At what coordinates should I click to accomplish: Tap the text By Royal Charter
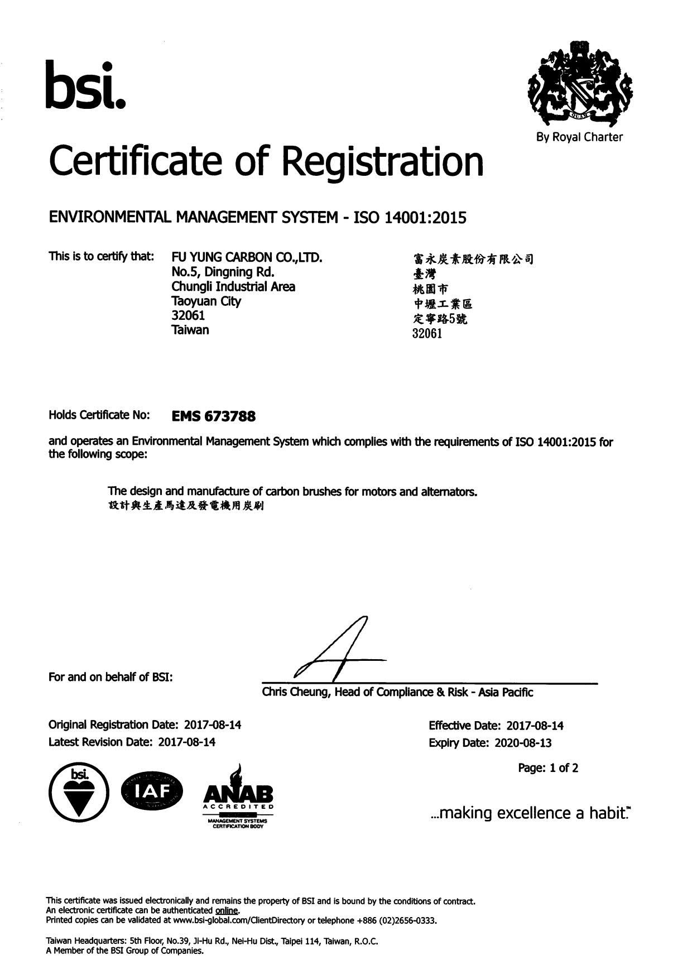pyautogui.click(x=579, y=137)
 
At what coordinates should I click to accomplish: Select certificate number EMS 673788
pyautogui.click(x=214, y=416)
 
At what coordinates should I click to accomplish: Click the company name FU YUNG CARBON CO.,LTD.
pyautogui.click(x=247, y=258)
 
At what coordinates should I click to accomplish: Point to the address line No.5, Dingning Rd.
pyautogui.click(x=223, y=272)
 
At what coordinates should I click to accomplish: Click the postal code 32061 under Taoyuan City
pyautogui.click(x=188, y=315)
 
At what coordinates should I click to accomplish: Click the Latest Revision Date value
pyautogui.click(x=187, y=742)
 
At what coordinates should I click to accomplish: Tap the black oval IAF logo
pyautogui.click(x=152, y=791)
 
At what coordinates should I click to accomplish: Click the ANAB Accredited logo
pyautogui.click(x=238, y=797)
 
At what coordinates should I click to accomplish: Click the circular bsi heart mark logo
pyautogui.click(x=77, y=793)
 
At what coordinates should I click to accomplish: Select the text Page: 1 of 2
pyautogui.click(x=548, y=768)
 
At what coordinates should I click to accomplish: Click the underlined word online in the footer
pyautogui.click(x=227, y=910)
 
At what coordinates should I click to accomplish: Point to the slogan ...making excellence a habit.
pyautogui.click(x=531, y=813)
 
